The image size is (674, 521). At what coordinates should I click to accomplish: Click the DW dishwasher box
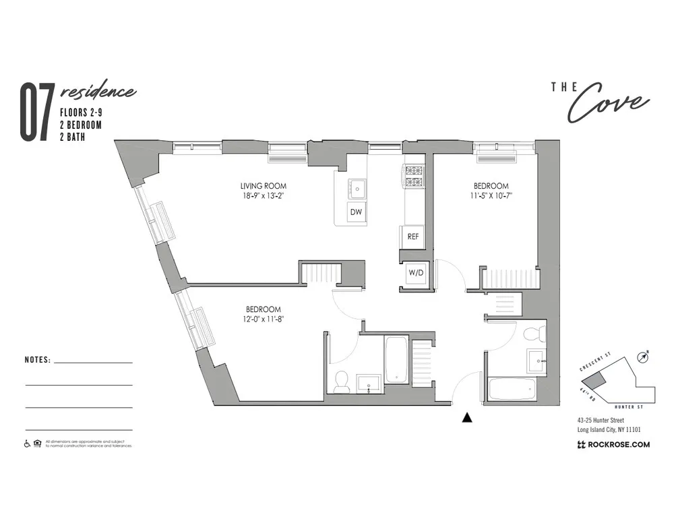357,213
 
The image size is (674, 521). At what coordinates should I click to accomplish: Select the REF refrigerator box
413,237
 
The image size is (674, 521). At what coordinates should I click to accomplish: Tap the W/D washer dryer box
416,273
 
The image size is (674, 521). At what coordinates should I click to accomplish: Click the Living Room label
264,186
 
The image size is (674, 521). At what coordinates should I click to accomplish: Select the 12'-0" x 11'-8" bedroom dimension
263,319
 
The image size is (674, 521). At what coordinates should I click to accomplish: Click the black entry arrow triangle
466,418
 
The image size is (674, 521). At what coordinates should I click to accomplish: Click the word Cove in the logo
609,103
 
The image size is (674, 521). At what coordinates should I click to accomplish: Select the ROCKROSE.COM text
614,444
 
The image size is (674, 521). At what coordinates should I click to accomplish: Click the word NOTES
37,360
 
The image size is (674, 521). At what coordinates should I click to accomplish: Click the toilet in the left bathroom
341,381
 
